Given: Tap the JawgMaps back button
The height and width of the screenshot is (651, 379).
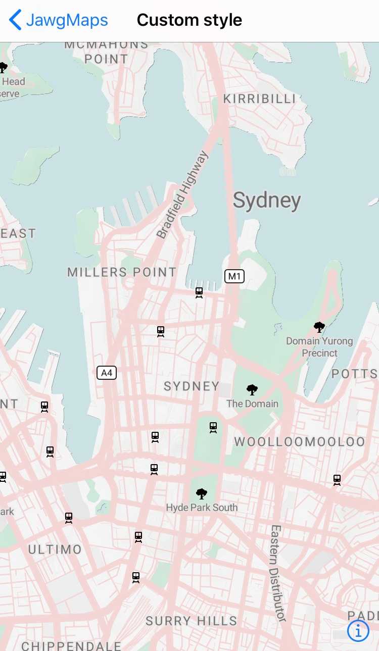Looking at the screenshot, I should [x=59, y=20].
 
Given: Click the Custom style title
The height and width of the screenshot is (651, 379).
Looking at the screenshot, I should [x=189, y=20].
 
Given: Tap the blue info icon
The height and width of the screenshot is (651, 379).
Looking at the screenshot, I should [x=358, y=631].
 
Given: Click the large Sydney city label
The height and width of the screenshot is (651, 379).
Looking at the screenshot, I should [x=267, y=201].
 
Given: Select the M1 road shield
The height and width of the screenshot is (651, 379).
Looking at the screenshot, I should [x=234, y=276].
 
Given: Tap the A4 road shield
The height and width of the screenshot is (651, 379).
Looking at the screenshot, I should [x=107, y=373].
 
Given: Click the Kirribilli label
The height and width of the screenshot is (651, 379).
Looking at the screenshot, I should [x=259, y=98].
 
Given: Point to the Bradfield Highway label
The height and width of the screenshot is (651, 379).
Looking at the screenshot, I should [x=182, y=195].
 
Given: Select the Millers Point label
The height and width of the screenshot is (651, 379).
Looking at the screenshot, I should [x=122, y=272].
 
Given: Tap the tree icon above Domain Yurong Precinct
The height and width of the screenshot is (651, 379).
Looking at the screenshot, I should [x=319, y=327].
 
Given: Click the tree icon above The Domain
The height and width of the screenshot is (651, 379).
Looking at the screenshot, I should [x=252, y=389].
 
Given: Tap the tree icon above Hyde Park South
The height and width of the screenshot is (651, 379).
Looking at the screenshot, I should [x=202, y=493].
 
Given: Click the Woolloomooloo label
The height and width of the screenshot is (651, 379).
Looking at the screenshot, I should [x=299, y=442].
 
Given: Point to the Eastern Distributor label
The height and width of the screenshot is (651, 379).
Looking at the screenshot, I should [x=277, y=573].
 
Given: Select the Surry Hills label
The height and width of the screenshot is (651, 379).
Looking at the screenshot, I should [x=191, y=621].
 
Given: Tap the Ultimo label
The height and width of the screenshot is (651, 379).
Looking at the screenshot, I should [x=55, y=549].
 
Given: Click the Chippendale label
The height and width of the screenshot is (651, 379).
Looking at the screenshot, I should [x=71, y=645].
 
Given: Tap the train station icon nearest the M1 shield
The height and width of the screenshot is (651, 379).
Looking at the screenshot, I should [x=199, y=292].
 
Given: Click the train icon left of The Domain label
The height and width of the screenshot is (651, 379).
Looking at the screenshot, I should [x=213, y=427].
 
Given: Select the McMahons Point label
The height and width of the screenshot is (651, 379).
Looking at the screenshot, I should [x=106, y=52].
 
